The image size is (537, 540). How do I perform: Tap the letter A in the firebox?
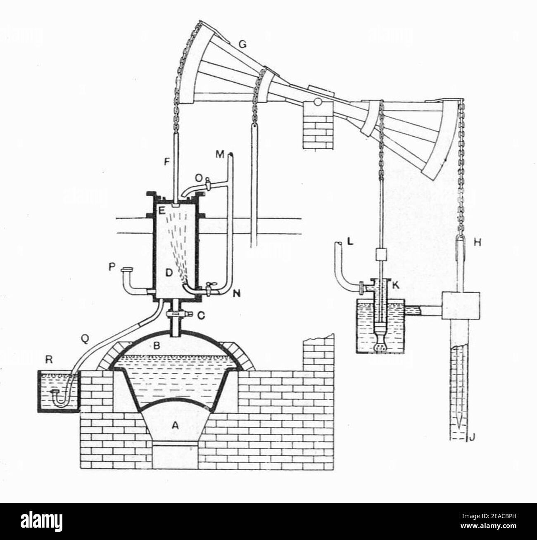[176, 428]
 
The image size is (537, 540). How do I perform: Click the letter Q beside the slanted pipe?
[85, 339]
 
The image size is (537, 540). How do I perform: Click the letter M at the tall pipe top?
[220, 155]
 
